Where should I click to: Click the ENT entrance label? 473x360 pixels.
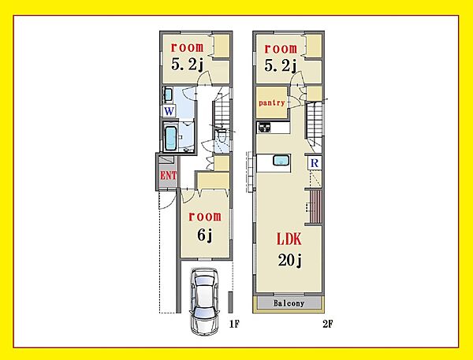(168, 175)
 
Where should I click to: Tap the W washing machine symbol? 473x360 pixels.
(169, 111)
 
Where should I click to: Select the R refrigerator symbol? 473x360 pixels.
(315, 163)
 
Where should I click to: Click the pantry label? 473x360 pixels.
(272, 103)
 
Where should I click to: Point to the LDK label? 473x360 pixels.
(289, 239)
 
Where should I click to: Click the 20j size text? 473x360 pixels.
(290, 260)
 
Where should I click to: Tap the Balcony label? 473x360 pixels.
(289, 303)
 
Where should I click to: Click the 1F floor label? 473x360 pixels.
(234, 324)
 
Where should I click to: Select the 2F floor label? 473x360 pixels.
(328, 324)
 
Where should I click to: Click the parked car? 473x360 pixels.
(204, 301)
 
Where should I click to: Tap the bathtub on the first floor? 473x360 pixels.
(171, 138)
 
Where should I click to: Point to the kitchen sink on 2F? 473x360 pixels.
(281, 160)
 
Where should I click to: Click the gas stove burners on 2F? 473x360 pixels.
(264, 127)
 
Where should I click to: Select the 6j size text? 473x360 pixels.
(205, 235)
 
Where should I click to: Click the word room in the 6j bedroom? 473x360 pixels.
(204, 217)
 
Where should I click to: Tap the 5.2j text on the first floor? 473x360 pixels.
(188, 65)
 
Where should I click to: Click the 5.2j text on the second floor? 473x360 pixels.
(281, 65)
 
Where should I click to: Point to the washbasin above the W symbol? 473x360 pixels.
(168, 95)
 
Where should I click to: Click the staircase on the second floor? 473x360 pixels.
(315, 121)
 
